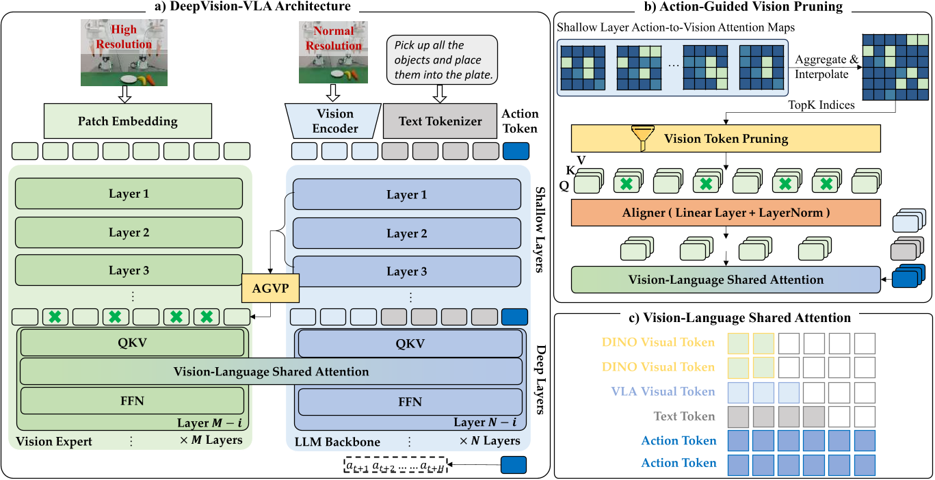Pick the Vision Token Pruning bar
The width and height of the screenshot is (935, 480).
(725, 139)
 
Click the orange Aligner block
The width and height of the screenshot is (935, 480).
(725, 213)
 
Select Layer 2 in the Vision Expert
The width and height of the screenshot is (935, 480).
(129, 232)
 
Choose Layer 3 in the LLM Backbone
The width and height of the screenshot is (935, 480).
(406, 271)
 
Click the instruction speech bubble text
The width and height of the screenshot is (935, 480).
(443, 60)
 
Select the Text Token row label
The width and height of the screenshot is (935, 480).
(683, 416)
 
